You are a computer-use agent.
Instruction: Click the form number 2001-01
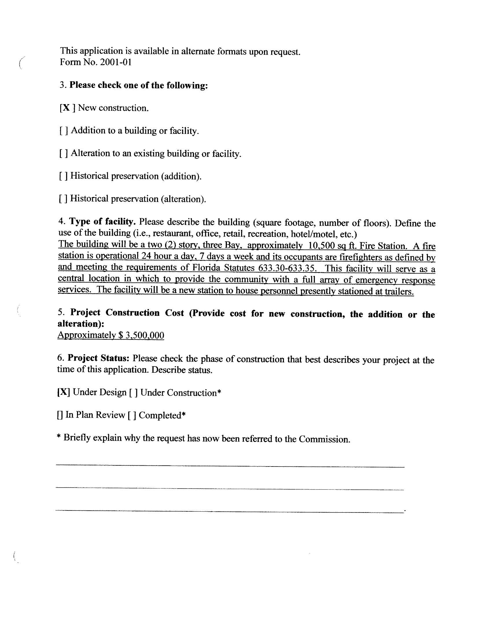[115, 62]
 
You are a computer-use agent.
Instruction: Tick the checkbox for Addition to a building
[64, 131]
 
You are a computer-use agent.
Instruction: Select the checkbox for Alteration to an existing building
[64, 154]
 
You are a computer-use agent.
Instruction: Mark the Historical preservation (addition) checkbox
[63, 176]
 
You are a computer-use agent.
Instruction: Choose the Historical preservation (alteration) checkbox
[63, 199]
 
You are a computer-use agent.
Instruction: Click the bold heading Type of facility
[102, 222]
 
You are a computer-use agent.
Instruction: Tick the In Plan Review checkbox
[60, 415]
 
